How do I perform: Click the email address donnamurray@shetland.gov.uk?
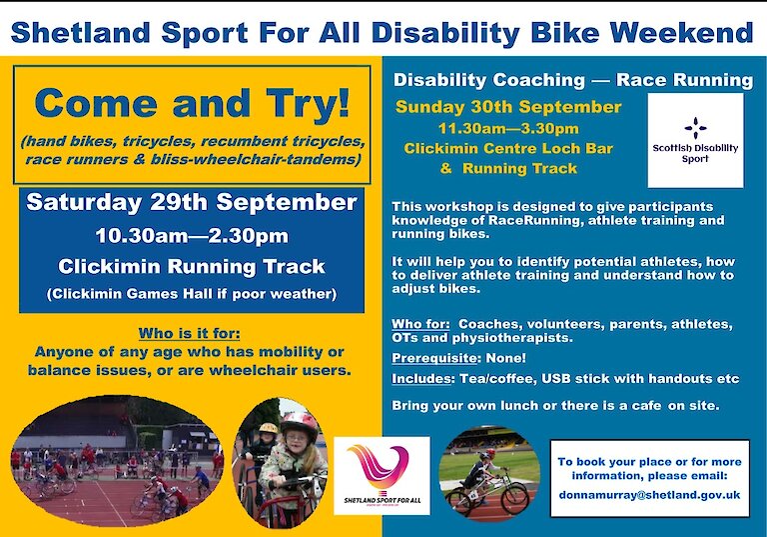pos(649,495)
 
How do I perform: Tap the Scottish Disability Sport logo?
pos(695,140)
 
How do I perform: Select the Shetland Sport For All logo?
pos(382,476)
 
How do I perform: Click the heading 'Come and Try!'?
pos(192,103)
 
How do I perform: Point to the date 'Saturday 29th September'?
pos(192,202)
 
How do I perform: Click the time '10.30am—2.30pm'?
pos(192,236)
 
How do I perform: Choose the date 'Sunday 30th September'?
pos(508,107)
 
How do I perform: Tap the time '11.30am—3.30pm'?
pos(508,129)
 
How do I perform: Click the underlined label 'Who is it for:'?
pos(190,334)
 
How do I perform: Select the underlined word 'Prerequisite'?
pos(434,358)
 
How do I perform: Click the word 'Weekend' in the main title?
pos(681,32)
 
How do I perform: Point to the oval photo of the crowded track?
pos(117,461)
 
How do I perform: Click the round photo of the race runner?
pos(489,473)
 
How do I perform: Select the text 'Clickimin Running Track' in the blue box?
pos(192,267)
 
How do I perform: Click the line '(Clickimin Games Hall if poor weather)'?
pos(192,294)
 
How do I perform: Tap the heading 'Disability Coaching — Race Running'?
pos(573,80)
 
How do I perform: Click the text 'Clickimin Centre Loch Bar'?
pos(508,148)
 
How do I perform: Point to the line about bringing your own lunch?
pos(555,406)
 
